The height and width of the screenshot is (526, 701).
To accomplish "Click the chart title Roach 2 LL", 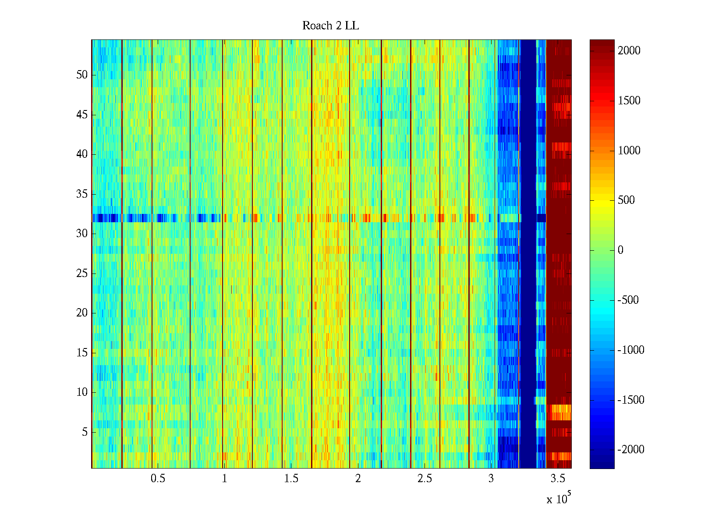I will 330,26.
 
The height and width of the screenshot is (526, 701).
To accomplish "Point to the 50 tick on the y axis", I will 82,75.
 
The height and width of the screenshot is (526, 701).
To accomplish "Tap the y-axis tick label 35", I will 82,194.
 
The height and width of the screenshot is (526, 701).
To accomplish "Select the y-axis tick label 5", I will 85,432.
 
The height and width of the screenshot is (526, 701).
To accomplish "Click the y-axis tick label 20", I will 82,313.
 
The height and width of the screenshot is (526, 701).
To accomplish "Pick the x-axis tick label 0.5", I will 158,479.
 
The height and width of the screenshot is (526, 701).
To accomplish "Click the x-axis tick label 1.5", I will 291,479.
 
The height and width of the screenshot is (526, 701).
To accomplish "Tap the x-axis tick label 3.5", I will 557,479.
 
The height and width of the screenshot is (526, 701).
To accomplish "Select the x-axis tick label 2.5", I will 424,479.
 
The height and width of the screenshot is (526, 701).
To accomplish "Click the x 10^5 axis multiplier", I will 559,499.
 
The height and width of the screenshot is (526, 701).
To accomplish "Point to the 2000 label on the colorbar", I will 629,51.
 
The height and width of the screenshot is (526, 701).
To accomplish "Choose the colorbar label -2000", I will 631,450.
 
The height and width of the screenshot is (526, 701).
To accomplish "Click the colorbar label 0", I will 620,250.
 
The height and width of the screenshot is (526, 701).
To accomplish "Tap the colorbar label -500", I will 628,300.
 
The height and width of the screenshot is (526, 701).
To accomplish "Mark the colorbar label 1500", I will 629,101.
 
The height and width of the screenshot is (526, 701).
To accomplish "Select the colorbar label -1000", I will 631,350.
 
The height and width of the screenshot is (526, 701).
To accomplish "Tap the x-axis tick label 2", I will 358,479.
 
